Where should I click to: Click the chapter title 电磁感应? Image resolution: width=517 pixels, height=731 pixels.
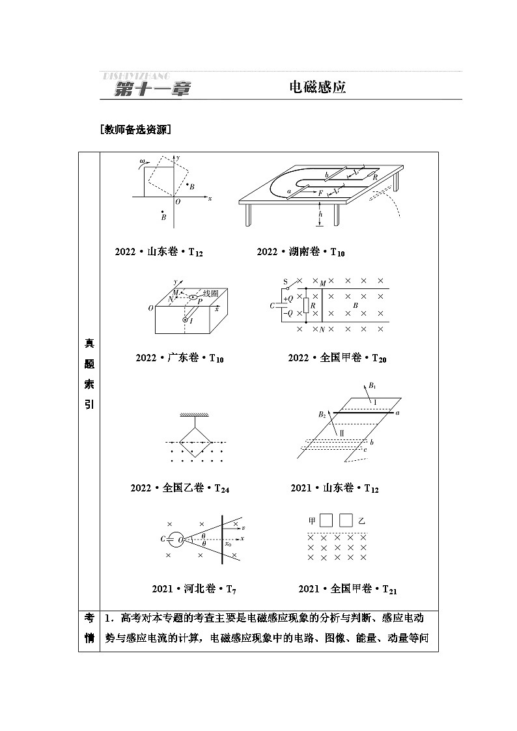317,87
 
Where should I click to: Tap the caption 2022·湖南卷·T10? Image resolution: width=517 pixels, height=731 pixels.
301,252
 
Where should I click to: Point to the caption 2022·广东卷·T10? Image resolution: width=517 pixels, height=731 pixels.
180,358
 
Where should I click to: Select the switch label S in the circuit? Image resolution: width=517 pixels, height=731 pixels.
285,282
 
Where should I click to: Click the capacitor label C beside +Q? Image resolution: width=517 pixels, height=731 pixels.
272,305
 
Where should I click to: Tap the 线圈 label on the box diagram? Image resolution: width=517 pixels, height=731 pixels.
210,294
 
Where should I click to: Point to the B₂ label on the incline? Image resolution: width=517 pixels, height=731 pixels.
322,414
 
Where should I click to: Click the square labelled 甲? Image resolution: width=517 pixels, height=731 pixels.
327,520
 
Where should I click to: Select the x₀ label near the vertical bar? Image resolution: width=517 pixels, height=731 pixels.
228,544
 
